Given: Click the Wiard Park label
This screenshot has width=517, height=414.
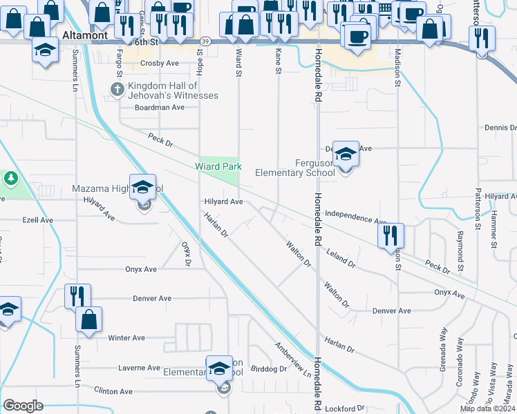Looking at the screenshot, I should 218,167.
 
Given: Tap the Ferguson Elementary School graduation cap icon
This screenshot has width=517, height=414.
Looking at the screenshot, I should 346,154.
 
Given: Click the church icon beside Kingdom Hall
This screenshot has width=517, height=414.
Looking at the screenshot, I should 117,88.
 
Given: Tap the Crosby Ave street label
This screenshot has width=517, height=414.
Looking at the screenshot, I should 160,63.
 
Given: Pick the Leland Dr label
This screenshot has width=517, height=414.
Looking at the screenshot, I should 341,259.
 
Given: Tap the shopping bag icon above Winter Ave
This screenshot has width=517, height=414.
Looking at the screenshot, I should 89,319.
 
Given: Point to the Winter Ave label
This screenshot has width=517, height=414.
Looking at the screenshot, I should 126,338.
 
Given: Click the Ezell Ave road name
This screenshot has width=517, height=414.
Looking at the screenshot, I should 37,220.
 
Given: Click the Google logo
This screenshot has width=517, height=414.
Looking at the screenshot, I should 23,406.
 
